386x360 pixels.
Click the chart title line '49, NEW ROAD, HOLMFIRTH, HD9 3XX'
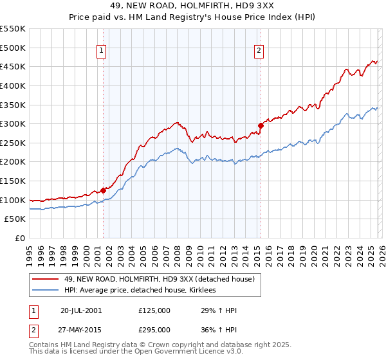coord(193,7)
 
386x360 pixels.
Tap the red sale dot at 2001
coord(103,190)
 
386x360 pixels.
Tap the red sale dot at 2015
coord(261,125)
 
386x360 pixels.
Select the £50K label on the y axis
coord(15,219)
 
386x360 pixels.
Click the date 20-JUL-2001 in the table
coord(81,310)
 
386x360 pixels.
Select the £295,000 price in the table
coord(154,330)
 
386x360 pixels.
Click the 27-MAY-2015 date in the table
coord(81,330)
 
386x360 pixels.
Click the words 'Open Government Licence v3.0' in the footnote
coord(194,353)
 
